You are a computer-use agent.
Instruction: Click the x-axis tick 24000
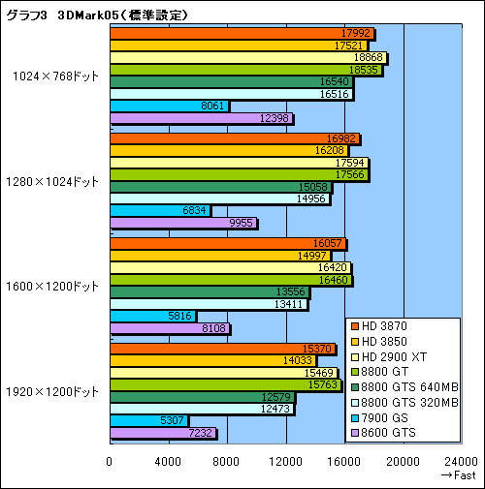coord(461,460)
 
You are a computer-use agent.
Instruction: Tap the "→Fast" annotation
coord(458,475)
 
